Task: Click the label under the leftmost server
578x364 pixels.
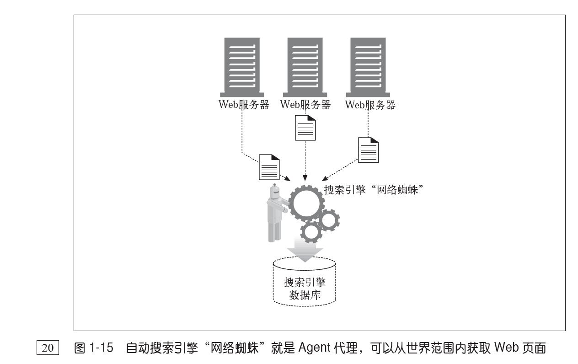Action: tap(244, 105)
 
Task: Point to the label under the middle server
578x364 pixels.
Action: tap(305, 105)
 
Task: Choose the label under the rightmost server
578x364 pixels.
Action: tap(370, 105)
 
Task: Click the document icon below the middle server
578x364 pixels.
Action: tap(305, 128)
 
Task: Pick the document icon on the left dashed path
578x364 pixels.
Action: tap(269, 166)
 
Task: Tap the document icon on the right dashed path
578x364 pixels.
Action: tap(368, 150)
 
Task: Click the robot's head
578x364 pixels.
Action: tap(275, 193)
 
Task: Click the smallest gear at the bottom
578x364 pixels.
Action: tap(312, 233)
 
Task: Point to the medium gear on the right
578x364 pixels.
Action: tap(328, 220)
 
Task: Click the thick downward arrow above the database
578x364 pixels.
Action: tap(305, 250)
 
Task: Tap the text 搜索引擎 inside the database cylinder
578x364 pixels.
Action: tap(305, 282)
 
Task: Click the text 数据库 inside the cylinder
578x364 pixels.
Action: tap(305, 295)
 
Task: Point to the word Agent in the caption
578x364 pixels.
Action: tap(316, 348)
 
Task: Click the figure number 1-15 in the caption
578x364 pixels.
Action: tap(101, 348)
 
